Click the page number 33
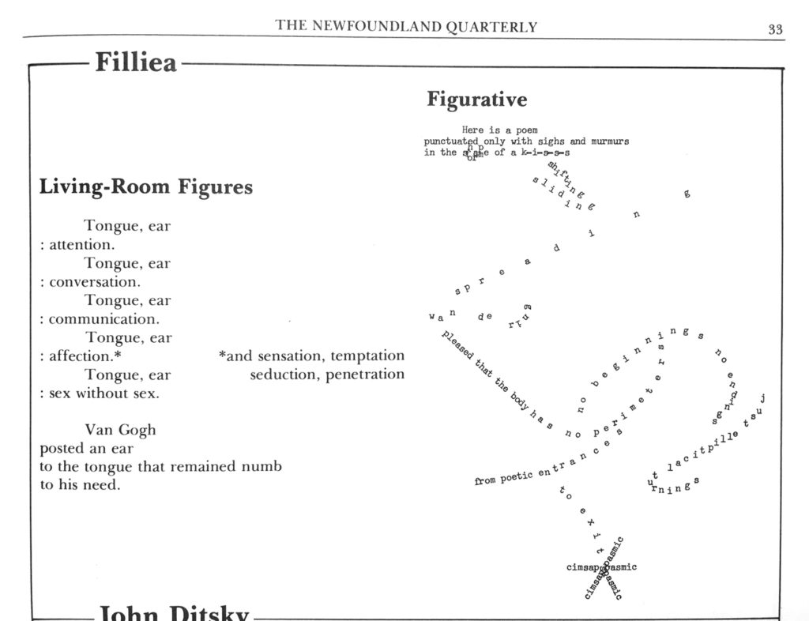tap(775, 29)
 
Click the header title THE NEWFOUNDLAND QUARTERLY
tap(406, 27)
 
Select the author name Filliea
tap(136, 62)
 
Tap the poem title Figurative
tap(476, 100)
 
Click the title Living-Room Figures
tap(146, 187)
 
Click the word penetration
tap(365, 374)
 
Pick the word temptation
tap(367, 356)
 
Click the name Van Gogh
tap(120, 430)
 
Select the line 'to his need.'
tap(80, 485)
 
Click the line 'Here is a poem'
tap(499, 130)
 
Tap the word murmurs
tap(610, 141)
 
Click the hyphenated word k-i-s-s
tap(545, 152)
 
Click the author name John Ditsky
tap(174, 613)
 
